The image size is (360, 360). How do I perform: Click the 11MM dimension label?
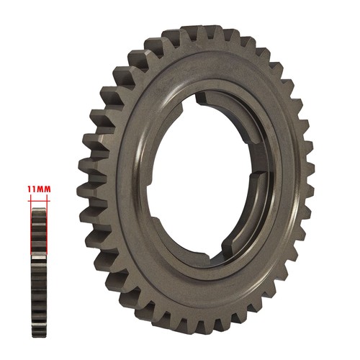tap(39, 189)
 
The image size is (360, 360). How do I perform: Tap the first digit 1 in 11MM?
tap(29, 189)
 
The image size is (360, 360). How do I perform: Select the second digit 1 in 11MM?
tap(33, 189)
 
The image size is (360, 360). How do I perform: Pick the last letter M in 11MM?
tap(47, 189)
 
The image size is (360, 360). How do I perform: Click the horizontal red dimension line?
tap(39, 201)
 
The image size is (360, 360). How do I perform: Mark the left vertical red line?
tap(31, 225)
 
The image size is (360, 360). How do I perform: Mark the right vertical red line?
tap(47, 225)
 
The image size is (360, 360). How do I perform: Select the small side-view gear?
tap(39, 272)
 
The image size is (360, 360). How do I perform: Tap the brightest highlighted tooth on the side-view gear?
tap(39, 257)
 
